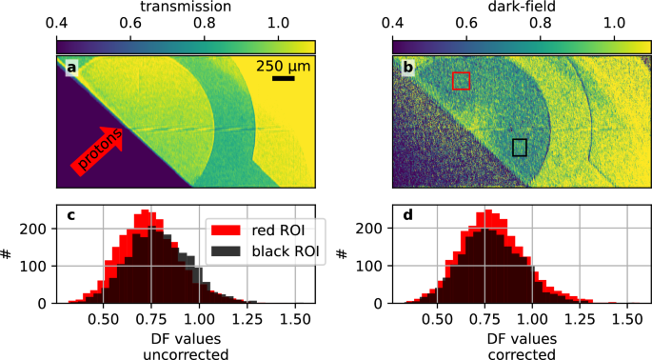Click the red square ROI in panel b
click(461, 81)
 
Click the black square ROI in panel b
click(520, 147)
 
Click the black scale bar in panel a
click(283, 78)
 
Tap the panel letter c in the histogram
click(70, 214)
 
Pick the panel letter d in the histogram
click(407, 214)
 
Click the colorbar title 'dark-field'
click(522, 8)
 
